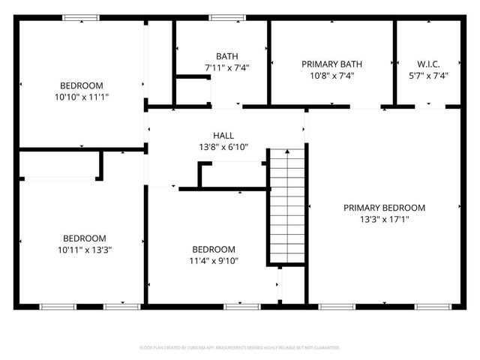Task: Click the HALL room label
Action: [x=223, y=135]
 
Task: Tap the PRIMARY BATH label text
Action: [x=327, y=64]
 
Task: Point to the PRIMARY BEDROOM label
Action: [x=384, y=208]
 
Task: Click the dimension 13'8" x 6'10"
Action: [x=223, y=147]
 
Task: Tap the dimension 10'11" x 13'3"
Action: [x=84, y=249]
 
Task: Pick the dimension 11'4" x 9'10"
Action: [x=214, y=261]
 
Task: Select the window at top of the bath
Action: [x=222, y=17]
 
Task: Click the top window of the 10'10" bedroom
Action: [x=81, y=17]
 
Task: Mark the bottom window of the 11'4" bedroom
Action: [x=238, y=306]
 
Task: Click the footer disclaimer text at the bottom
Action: [x=240, y=348]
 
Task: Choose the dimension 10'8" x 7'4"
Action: [x=327, y=76]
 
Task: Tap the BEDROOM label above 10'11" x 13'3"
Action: [x=84, y=238]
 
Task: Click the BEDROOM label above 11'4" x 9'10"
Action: [x=214, y=250]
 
